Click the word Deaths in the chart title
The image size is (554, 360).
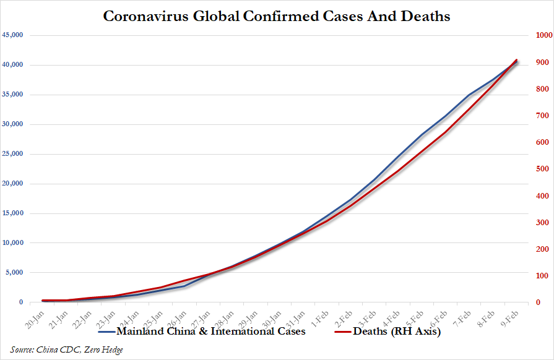(421, 16)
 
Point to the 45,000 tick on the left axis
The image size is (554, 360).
(12, 35)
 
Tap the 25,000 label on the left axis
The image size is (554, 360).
(12, 154)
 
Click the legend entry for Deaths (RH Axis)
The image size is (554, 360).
(396, 332)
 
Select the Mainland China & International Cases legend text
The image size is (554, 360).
(211, 332)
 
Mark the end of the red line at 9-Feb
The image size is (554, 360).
(517, 60)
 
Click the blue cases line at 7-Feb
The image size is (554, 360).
(469, 95)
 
